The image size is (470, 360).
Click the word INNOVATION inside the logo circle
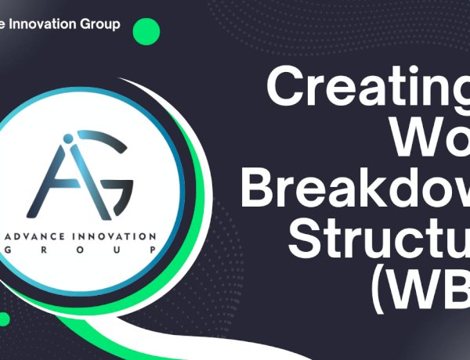[116, 235]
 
